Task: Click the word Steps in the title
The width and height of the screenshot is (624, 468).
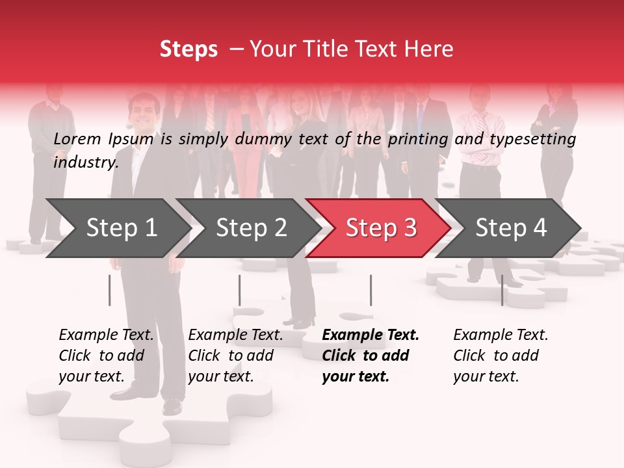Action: (188, 49)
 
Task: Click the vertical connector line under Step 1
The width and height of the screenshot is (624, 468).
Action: (110, 290)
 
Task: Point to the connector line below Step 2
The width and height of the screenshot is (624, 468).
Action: (240, 290)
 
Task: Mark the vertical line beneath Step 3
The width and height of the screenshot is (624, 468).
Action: (370, 290)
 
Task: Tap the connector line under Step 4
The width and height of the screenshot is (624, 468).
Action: (502, 290)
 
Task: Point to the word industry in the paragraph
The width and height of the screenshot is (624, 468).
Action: (85, 162)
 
